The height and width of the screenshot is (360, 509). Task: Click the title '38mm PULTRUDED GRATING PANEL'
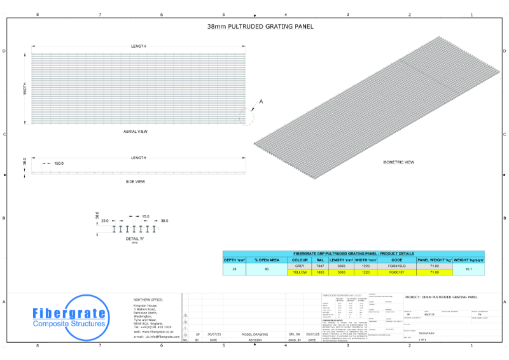coord(254,27)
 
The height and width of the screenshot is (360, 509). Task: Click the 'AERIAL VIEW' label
coord(136,132)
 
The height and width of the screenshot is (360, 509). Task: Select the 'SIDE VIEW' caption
coord(135,182)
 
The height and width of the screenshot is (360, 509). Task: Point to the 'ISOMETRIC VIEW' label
coord(399,162)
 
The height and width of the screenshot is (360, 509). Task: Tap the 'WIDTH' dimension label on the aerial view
coord(25,88)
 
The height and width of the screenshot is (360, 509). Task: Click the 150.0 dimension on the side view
coord(59,163)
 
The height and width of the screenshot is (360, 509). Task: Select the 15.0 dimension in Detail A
coord(145,216)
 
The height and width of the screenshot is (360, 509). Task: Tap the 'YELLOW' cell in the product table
coord(300,272)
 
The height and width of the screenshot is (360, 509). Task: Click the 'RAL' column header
coord(320,260)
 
